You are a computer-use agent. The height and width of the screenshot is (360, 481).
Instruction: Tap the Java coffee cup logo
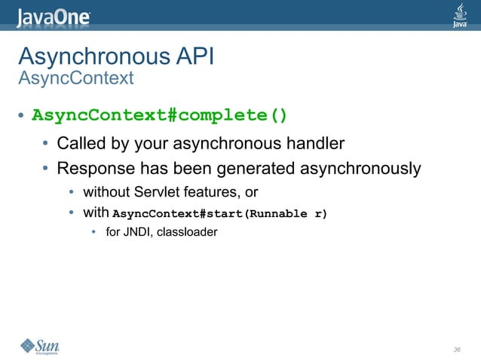point(459,14)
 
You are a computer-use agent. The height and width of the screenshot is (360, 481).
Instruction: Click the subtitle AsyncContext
point(75,78)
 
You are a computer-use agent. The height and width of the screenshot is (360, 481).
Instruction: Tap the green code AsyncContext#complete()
point(160,116)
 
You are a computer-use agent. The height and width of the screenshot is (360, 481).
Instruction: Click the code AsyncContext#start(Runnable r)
point(219,213)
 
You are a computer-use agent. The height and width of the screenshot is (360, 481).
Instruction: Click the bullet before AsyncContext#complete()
point(22,117)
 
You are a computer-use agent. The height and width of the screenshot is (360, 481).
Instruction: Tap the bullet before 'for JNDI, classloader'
point(94,232)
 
